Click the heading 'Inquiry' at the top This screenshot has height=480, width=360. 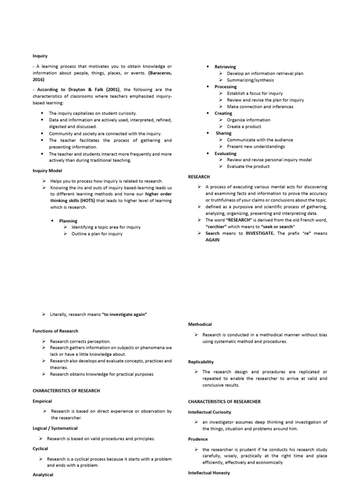pyautogui.click(x=40, y=56)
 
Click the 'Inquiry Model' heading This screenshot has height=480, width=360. pyautogui.click(x=47, y=171)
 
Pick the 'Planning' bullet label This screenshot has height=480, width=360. pyautogui.click(x=68, y=221)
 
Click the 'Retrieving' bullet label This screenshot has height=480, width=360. pyautogui.click(x=225, y=67)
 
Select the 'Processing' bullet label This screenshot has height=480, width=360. pyautogui.click(x=225, y=87)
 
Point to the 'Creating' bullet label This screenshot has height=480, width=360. pyautogui.click(x=223, y=113)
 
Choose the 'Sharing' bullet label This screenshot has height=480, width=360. pyautogui.click(x=223, y=133)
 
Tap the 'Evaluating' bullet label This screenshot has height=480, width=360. pyautogui.click(x=225, y=153)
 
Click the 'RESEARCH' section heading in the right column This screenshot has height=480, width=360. pyautogui.click(x=199, y=177)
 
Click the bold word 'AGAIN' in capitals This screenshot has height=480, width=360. pyautogui.click(x=213, y=240)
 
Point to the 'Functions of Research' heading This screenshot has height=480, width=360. pyautogui.click(x=55, y=331)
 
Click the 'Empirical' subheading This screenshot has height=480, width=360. pyautogui.click(x=42, y=401)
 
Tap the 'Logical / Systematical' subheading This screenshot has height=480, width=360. pyautogui.click(x=55, y=428)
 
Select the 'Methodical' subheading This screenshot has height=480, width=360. pyautogui.click(x=200, y=324)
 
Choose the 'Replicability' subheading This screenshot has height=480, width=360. pyautogui.click(x=201, y=361)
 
